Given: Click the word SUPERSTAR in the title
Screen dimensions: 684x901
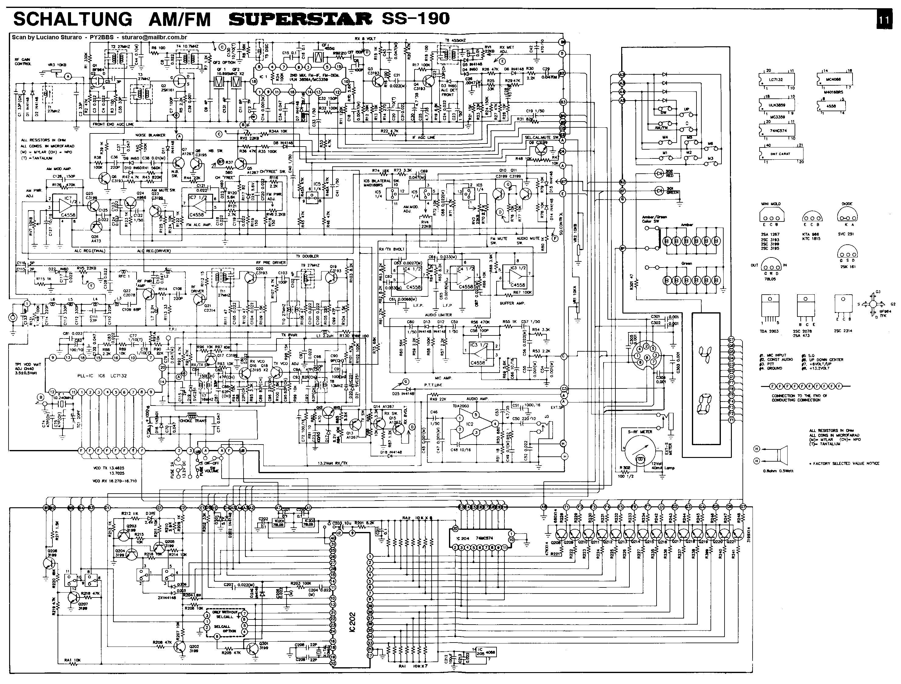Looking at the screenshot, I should [x=300, y=19].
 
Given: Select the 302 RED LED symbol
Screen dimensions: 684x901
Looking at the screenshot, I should [x=659, y=173].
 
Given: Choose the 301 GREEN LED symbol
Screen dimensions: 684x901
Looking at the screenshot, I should [x=659, y=190].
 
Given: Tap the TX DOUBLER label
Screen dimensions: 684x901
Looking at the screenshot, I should [x=308, y=256].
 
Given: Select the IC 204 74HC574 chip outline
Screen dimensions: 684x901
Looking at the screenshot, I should [x=481, y=538].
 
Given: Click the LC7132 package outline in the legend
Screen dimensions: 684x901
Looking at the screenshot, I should [x=776, y=80].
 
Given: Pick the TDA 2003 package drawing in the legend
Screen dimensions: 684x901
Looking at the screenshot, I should [x=769, y=309].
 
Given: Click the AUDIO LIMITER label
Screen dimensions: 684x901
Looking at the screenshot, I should [x=438, y=315].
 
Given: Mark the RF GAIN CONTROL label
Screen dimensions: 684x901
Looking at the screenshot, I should [x=23, y=62].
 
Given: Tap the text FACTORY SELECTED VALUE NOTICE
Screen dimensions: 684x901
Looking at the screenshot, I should [x=844, y=463].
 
